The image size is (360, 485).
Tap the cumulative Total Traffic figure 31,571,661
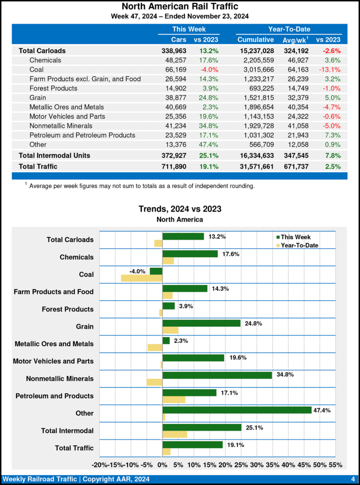pos(255,166)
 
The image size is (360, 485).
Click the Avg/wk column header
pos(295,40)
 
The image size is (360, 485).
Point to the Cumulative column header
pos(255,40)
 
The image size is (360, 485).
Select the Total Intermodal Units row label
pos(54,155)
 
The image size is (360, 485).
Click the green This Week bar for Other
pos(237,410)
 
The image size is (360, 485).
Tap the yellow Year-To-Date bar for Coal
pos(142,278)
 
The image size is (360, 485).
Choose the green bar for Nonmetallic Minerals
pos(217,375)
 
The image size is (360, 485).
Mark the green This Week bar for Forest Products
pos(169,306)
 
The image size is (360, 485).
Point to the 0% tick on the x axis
pos(162,465)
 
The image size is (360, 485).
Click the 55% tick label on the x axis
pos(335,465)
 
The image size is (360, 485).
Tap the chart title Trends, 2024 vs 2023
pos(180,209)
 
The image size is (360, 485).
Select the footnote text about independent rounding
pos(142,186)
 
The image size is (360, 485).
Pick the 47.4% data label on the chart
pos(322,410)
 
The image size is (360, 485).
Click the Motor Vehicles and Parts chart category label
pos(53,361)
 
